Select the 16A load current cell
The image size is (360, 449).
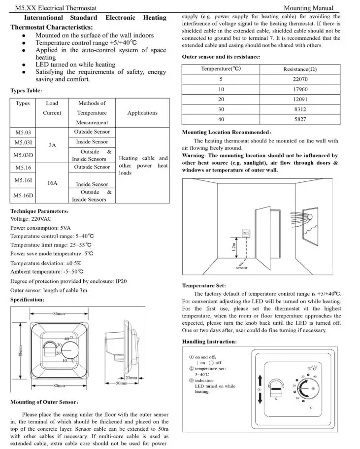pyautogui.click(x=52, y=183)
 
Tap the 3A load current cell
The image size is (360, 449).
pyautogui.click(x=52, y=145)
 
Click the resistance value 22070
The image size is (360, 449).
pyautogui.click(x=300, y=79)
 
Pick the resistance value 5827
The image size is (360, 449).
pyautogui.click(x=300, y=119)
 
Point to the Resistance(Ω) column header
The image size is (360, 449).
pyautogui.click(x=300, y=69)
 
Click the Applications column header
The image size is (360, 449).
pyautogui.click(x=142, y=113)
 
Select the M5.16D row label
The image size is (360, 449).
pyautogui.click(x=23, y=196)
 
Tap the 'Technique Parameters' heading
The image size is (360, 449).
pyautogui.click(x=40, y=211)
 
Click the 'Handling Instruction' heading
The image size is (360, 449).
pyautogui.click(x=209, y=342)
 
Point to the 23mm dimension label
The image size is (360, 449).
pyautogui.click(x=131, y=378)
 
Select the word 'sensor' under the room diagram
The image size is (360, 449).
pyautogui.click(x=241, y=268)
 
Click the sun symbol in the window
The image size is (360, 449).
pyautogui.click(x=311, y=217)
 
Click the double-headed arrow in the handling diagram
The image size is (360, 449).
pyautogui.click(x=261, y=389)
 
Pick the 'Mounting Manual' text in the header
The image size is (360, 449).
pyautogui.click(x=309, y=8)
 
